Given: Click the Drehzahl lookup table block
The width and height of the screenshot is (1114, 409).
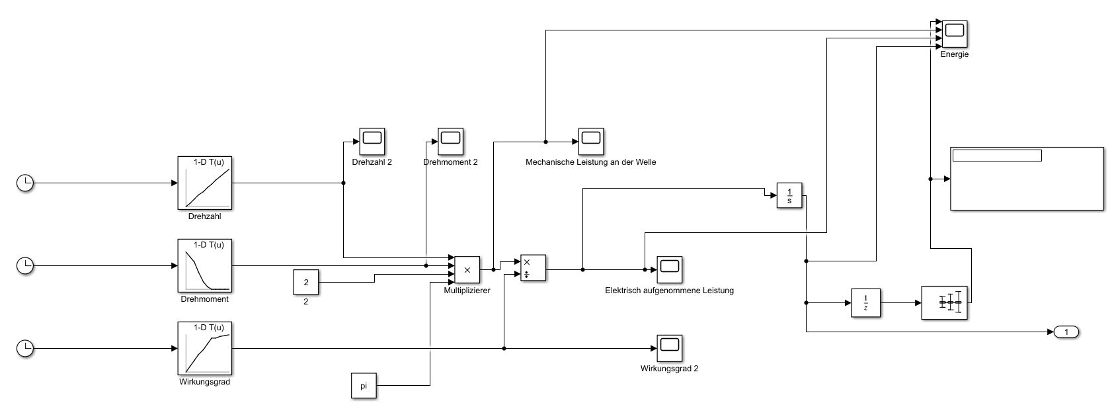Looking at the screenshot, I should (205, 183).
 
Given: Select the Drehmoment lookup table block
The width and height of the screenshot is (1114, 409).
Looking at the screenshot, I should (205, 265).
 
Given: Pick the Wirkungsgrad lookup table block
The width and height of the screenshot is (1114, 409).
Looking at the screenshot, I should (205, 348).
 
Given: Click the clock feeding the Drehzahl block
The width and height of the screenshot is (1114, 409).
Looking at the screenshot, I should (25, 183).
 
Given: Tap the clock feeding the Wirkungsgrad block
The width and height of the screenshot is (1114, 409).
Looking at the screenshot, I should (25, 348).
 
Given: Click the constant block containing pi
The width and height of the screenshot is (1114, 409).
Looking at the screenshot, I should (364, 386).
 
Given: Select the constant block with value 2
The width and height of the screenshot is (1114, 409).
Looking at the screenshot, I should (306, 283).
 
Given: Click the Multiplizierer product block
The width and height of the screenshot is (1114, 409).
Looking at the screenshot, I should (467, 269).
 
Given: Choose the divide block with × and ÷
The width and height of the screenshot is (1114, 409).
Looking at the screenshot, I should (533, 268).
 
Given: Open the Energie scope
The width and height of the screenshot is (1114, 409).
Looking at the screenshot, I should (955, 33).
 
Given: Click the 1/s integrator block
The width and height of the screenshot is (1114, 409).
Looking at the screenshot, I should (789, 195).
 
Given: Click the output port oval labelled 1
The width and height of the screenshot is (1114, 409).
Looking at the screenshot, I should (1066, 332).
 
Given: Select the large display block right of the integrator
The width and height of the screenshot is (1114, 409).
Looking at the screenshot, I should (1027, 179).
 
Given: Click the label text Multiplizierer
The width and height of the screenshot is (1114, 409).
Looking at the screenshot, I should (467, 291).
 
